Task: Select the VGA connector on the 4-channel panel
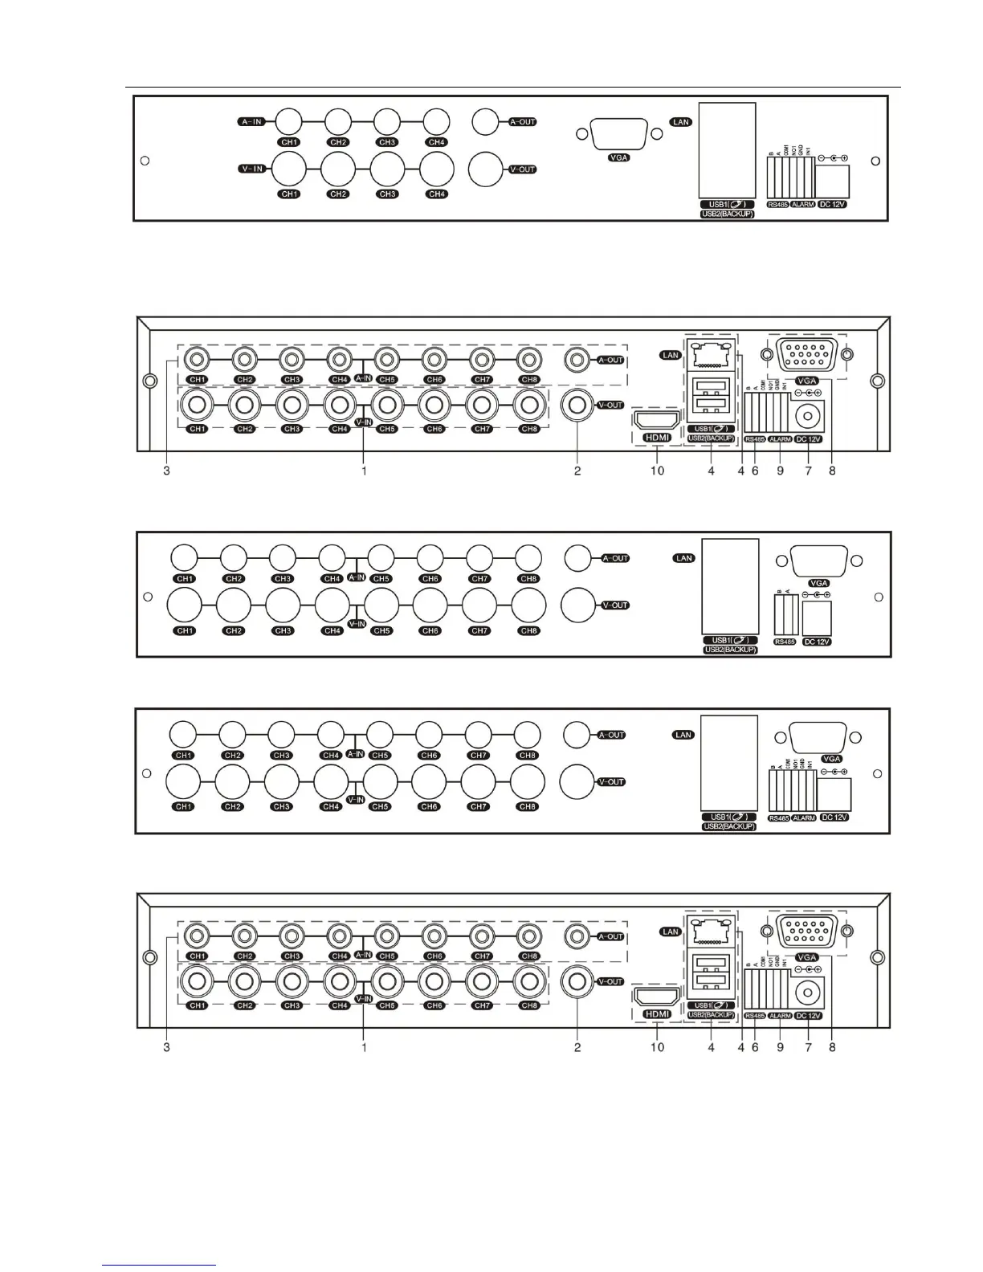[x=618, y=133]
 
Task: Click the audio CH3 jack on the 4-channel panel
[x=387, y=122]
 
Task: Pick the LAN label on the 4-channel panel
[x=681, y=122]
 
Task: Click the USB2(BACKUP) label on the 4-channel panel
[x=727, y=214]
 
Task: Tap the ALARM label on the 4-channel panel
[x=803, y=205]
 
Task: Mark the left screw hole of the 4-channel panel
[x=144, y=160]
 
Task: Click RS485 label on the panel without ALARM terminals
[x=783, y=642]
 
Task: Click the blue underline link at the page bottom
[x=160, y=1266]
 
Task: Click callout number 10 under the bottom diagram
[x=657, y=1047]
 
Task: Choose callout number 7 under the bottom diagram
[x=809, y=1047]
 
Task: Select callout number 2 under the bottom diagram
[x=577, y=1047]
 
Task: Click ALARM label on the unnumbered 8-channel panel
[x=804, y=817]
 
